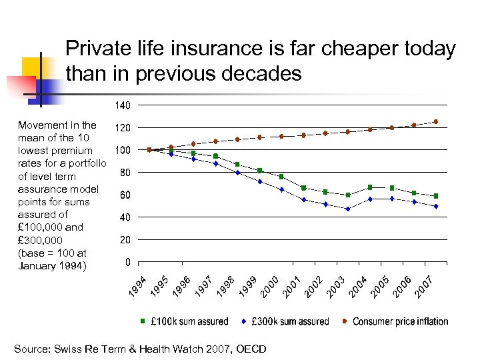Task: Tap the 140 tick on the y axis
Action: pyautogui.click(x=122, y=105)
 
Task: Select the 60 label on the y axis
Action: pyautogui.click(x=123, y=195)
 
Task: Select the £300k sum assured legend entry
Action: pyautogui.click(x=285, y=321)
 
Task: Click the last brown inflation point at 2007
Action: pyautogui.click(x=436, y=121)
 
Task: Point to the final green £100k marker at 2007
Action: pyautogui.click(x=436, y=196)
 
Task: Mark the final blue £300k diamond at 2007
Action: pyautogui.click(x=436, y=206)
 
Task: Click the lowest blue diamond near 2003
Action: pyautogui.click(x=348, y=209)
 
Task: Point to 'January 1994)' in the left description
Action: pyautogui.click(x=53, y=266)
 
